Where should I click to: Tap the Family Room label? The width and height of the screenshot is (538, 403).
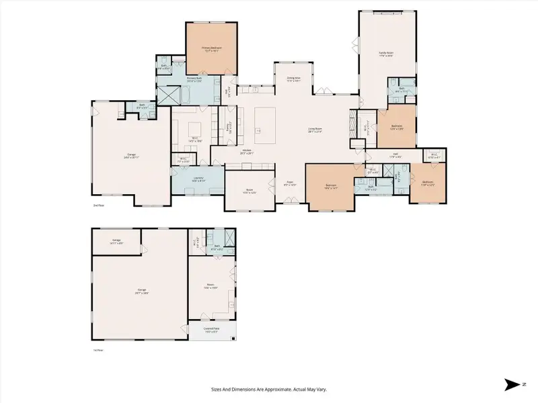(385, 53)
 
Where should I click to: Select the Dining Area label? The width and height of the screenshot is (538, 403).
(293, 78)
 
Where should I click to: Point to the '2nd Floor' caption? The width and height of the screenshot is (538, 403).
(100, 206)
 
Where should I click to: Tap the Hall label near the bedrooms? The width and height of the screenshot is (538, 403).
(397, 156)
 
